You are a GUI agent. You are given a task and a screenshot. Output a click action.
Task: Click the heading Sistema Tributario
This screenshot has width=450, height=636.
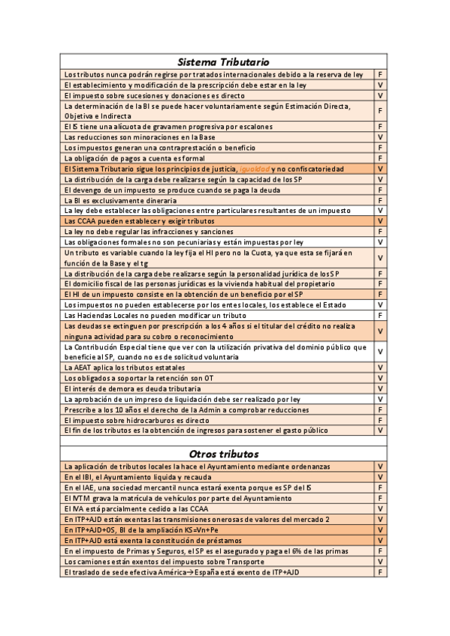point(223,61)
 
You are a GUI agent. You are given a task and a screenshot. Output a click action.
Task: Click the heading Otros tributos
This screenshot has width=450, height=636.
point(223,454)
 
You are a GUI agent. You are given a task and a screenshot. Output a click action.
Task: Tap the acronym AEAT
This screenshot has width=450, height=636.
point(85,367)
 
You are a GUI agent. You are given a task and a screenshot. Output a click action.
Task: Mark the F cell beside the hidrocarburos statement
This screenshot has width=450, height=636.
point(380,421)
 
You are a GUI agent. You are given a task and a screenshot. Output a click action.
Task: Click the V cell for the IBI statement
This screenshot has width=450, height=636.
point(380,477)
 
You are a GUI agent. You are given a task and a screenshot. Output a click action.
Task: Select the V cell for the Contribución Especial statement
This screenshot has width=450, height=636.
point(380,352)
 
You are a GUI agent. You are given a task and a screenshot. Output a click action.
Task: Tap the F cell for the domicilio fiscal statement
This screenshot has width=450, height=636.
point(380,285)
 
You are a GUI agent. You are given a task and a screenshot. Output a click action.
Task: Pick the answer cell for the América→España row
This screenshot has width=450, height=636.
point(380,572)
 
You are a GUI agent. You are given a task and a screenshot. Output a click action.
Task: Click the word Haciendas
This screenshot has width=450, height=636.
point(92,316)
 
